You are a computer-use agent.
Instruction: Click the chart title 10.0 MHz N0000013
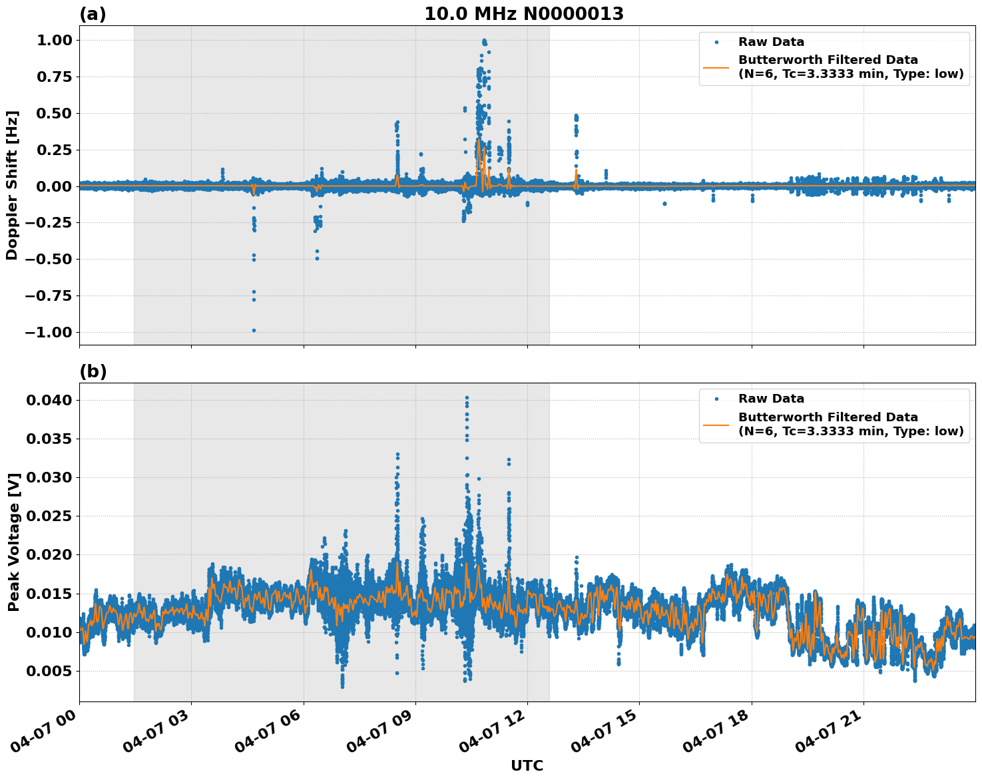coord(524,14)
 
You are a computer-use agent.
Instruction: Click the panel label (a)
coord(93,14)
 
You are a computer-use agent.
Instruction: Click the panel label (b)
coord(93,371)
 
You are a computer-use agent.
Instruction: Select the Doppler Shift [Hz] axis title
coord(12,185)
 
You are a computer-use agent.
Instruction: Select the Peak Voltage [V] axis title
coord(13,542)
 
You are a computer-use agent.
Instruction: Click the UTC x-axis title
coord(527,765)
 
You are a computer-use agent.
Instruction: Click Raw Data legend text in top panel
coord(771,43)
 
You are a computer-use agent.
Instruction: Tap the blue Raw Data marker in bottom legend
coord(716,399)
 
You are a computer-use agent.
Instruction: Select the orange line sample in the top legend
coord(716,67)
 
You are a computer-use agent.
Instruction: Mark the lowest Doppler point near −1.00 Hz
coord(254,330)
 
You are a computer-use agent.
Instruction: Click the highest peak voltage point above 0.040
coord(467,397)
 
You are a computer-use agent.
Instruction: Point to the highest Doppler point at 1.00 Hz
coord(484,41)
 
